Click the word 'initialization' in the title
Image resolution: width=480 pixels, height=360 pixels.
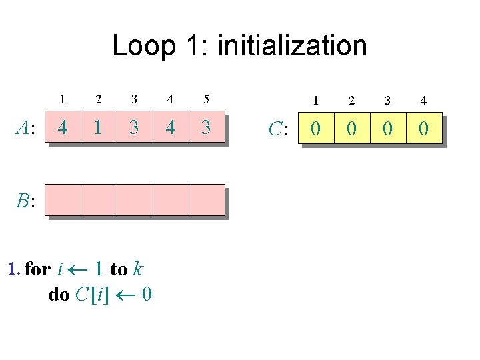[292, 46]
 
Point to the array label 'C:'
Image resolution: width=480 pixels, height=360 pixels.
[278, 128]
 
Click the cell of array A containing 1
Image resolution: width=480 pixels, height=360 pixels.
[99, 127]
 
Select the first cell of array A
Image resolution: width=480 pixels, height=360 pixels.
[63, 127]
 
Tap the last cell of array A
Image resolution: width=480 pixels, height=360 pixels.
[207, 127]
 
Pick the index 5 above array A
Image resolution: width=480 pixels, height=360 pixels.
[207, 100]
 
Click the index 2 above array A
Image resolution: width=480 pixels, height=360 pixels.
[99, 100]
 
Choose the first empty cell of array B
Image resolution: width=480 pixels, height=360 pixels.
[63, 200]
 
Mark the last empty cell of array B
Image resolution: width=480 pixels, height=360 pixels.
[207, 200]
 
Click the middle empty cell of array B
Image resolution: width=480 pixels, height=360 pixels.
[135, 200]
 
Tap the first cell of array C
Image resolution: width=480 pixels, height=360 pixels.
[315, 127]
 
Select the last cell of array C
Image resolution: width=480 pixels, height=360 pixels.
[423, 127]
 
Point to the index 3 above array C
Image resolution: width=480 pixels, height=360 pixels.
[387, 101]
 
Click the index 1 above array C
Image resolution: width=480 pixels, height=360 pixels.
[315, 101]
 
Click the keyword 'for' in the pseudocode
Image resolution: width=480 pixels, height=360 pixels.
[37, 269]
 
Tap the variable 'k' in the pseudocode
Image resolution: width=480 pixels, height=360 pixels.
[137, 269]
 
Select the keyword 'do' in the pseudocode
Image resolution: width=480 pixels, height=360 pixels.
[59, 294]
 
